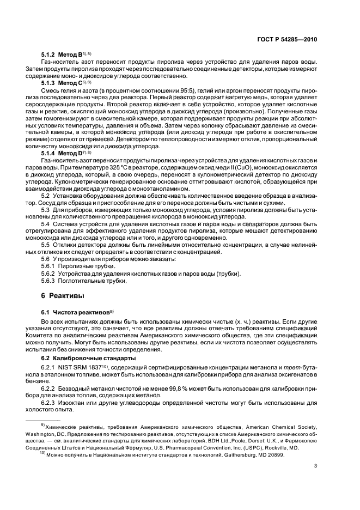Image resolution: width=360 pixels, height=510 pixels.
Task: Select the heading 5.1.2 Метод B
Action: coord(62,56)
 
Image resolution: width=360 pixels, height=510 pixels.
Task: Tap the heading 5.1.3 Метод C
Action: coord(62,83)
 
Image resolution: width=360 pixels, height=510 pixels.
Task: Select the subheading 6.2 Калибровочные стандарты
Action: coord(83,357)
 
